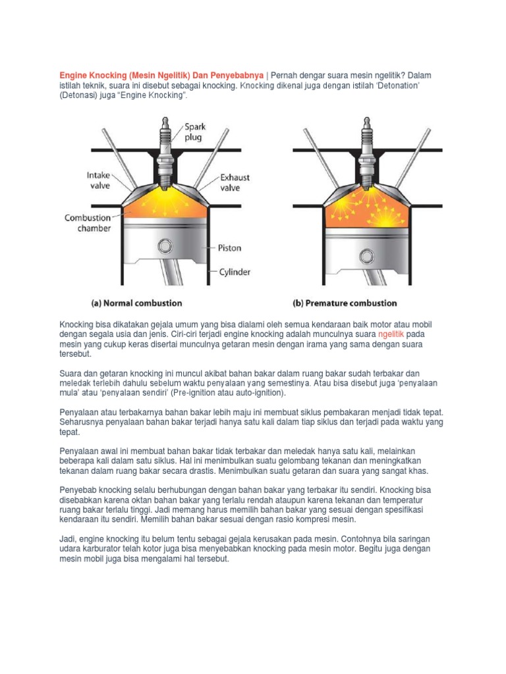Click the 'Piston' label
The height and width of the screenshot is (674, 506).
click(230, 248)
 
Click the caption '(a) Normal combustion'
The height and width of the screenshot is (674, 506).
click(136, 303)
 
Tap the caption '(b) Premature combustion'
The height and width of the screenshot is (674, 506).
click(345, 303)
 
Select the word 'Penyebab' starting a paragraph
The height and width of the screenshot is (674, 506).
click(79, 491)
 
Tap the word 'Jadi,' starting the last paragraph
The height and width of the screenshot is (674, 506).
click(70, 539)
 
